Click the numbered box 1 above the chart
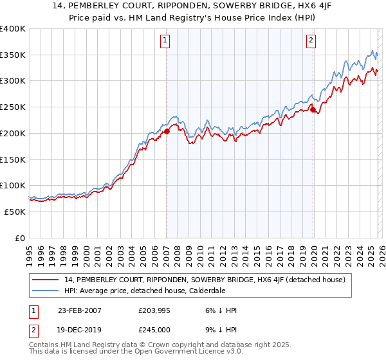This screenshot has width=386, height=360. coord(165,40)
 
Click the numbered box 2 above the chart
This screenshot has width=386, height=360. coord(311,40)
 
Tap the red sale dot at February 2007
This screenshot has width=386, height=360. coord(167,131)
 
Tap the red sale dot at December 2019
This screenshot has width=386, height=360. coord(313,110)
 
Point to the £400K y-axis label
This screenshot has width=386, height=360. coord(13,29)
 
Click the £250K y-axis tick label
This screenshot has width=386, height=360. coord(13,107)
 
